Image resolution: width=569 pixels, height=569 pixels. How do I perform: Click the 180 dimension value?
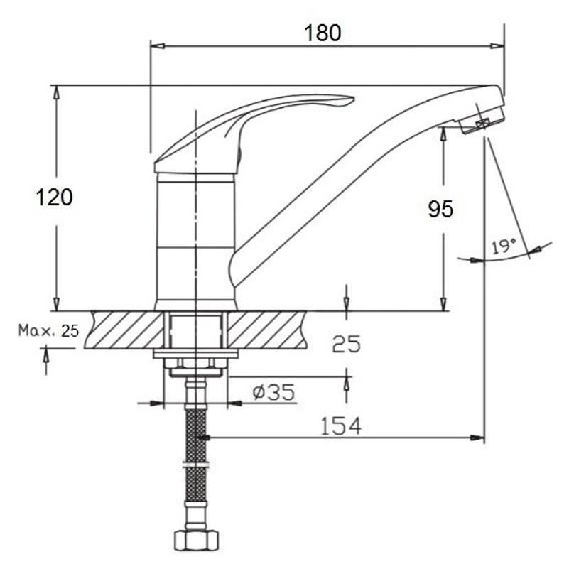(x=323, y=33)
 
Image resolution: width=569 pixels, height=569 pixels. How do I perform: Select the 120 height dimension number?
(x=55, y=197)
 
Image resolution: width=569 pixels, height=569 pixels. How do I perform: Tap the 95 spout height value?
(x=440, y=209)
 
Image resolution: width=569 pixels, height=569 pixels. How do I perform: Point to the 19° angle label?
(x=504, y=246)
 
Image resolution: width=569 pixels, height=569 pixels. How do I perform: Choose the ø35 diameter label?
(x=274, y=392)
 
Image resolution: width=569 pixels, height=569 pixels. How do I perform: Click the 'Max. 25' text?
(x=48, y=330)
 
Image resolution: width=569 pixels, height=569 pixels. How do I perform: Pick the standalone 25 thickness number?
(x=347, y=344)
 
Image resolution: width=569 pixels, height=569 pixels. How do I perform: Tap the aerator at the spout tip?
(x=482, y=120)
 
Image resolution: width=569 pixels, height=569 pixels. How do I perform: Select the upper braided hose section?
(x=195, y=435)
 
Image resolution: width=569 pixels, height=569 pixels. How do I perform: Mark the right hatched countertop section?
(x=267, y=330)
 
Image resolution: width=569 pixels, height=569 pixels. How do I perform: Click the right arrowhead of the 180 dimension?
(x=497, y=46)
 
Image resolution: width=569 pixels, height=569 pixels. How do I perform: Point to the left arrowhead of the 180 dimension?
(x=158, y=46)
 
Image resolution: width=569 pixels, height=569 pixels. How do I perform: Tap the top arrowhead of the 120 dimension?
(x=56, y=93)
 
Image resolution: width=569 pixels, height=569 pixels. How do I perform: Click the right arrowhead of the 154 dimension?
(x=477, y=438)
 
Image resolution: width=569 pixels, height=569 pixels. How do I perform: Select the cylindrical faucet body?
(x=196, y=242)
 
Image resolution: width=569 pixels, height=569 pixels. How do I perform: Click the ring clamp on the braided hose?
(x=195, y=465)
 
